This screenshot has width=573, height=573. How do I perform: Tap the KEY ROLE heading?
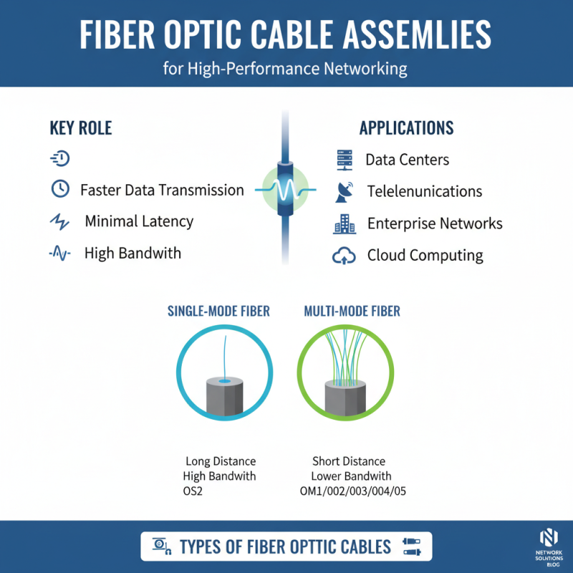(x=81, y=128)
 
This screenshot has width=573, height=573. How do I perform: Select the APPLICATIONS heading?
(x=406, y=128)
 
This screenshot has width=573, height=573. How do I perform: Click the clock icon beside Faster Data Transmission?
(x=61, y=189)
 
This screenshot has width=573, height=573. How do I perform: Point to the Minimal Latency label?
(x=139, y=221)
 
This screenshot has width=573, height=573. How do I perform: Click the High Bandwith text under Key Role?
(x=133, y=253)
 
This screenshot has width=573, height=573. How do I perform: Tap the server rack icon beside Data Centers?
(x=345, y=159)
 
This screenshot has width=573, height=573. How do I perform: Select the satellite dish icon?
(x=345, y=191)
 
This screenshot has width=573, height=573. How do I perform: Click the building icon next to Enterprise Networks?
(x=345, y=223)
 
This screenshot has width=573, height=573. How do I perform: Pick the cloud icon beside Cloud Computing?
(x=345, y=255)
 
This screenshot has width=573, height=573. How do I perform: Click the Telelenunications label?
(x=425, y=191)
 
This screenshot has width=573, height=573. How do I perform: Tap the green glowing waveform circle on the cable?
(x=286, y=189)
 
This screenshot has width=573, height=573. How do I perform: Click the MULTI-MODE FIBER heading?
(x=352, y=312)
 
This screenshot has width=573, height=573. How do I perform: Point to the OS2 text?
(x=193, y=492)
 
